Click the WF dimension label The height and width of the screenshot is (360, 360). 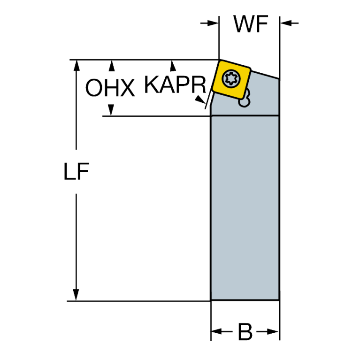[251, 23]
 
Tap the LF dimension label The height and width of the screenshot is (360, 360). [76, 171]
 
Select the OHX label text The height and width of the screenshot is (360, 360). [110, 87]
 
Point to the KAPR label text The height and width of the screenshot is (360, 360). [175, 84]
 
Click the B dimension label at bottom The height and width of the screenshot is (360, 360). [245, 332]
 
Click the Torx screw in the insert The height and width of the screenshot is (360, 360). [231, 79]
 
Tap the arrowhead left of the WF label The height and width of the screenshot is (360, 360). [213, 23]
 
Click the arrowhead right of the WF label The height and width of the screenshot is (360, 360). [286, 23]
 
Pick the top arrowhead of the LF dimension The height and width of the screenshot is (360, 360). [76, 66]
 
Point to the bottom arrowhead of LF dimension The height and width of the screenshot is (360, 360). [76, 295]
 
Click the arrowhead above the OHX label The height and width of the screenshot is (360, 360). [112, 66]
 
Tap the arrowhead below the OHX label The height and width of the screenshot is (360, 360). [111, 110]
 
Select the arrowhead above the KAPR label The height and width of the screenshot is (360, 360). [173, 66]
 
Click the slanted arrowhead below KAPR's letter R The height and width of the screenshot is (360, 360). [200, 100]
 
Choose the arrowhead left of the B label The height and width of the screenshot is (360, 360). [217, 331]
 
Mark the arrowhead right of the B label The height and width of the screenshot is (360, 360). [273, 331]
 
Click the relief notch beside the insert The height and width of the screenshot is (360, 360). [245, 99]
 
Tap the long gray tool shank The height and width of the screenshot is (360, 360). [245, 208]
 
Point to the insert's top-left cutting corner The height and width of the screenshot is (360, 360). [220, 61]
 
